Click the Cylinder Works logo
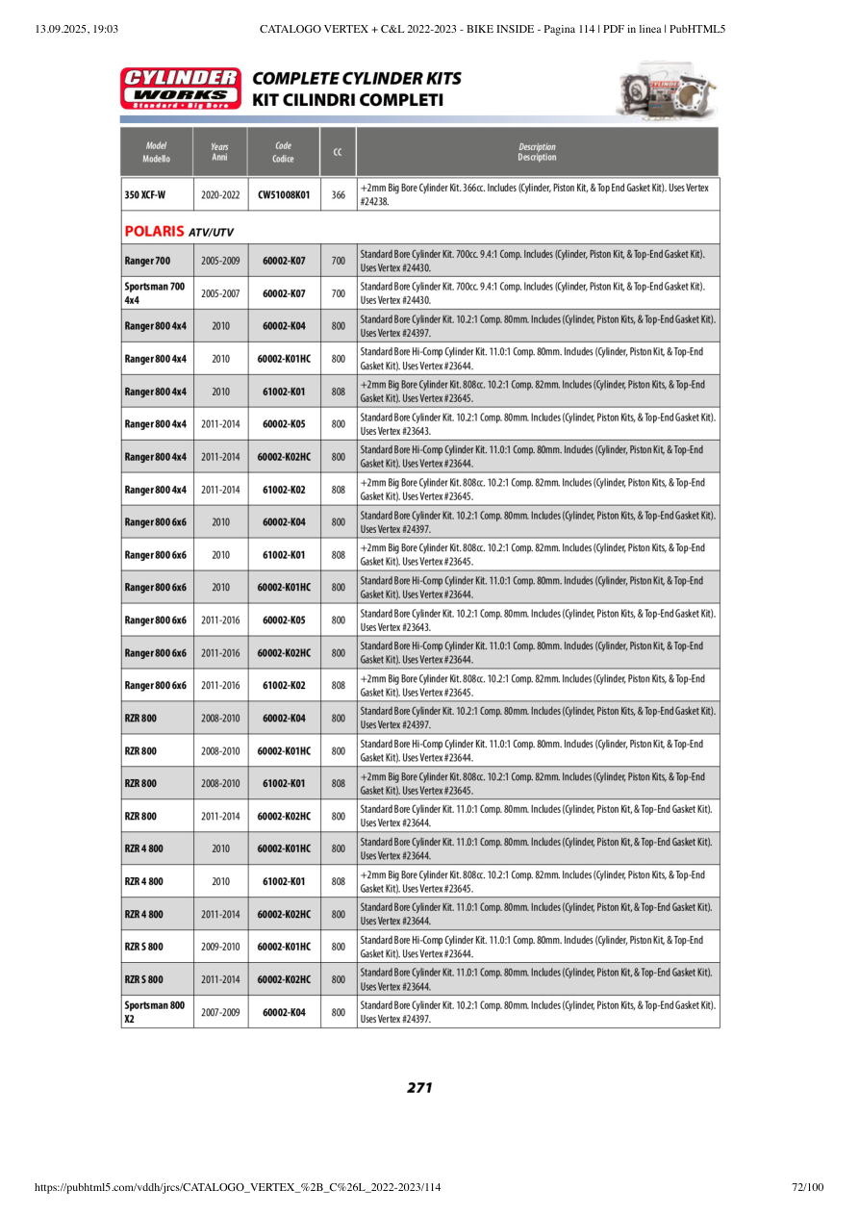[x=180, y=89]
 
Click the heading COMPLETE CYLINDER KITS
[x=357, y=79]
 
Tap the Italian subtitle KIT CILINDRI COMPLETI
[x=347, y=100]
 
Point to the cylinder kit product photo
[x=667, y=89]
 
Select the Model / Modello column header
[x=156, y=152]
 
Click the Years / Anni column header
[x=219, y=152]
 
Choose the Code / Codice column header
[x=283, y=152]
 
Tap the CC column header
[x=338, y=152]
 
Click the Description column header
[x=537, y=152]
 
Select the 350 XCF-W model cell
[x=145, y=194]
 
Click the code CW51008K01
[x=284, y=194]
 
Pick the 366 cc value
[x=338, y=194]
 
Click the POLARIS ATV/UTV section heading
[x=180, y=232]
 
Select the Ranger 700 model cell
[x=147, y=261]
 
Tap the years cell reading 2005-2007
[x=220, y=293]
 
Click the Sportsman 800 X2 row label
[x=154, y=1011]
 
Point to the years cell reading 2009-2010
[x=220, y=947]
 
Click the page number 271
[x=419, y=1088]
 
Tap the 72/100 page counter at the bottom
[x=807, y=1187]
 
